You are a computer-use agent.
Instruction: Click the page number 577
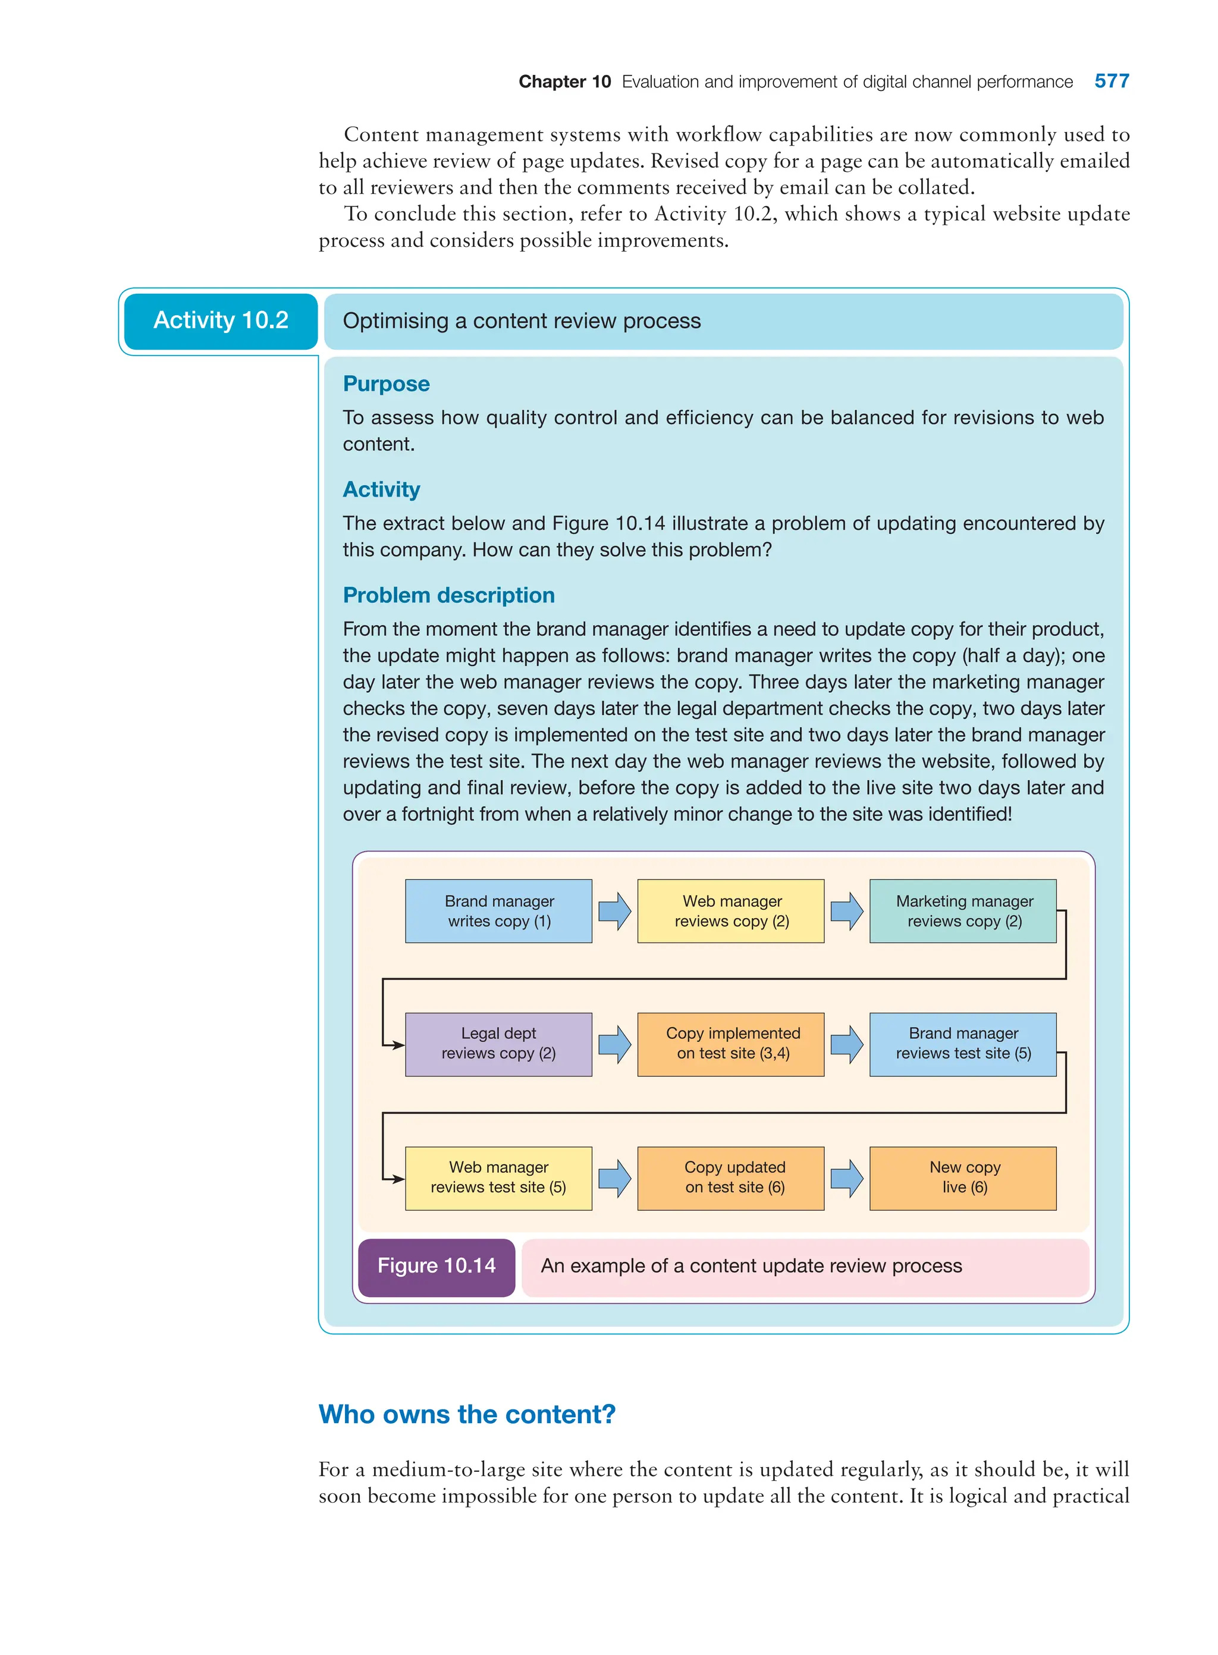(x=1111, y=81)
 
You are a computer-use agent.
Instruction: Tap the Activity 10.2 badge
(x=221, y=321)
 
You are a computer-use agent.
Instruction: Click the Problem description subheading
(x=448, y=596)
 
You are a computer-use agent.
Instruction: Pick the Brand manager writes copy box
(x=498, y=911)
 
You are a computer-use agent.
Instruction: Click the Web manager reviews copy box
(x=731, y=911)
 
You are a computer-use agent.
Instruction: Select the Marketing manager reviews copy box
(x=963, y=911)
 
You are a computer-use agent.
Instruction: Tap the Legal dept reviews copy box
(x=498, y=1044)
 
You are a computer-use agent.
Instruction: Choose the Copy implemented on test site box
(x=731, y=1044)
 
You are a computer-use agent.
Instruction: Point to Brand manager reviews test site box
(x=963, y=1044)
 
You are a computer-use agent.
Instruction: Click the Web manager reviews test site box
(x=498, y=1178)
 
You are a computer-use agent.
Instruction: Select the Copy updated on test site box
(x=731, y=1178)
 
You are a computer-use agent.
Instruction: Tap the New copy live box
(x=963, y=1178)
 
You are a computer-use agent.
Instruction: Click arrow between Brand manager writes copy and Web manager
(x=614, y=911)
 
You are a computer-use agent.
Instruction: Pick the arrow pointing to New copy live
(x=846, y=1178)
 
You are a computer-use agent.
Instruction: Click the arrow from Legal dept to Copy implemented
(x=614, y=1044)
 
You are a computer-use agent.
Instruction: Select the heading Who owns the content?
(x=467, y=1415)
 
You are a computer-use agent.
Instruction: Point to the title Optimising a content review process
(x=521, y=321)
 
